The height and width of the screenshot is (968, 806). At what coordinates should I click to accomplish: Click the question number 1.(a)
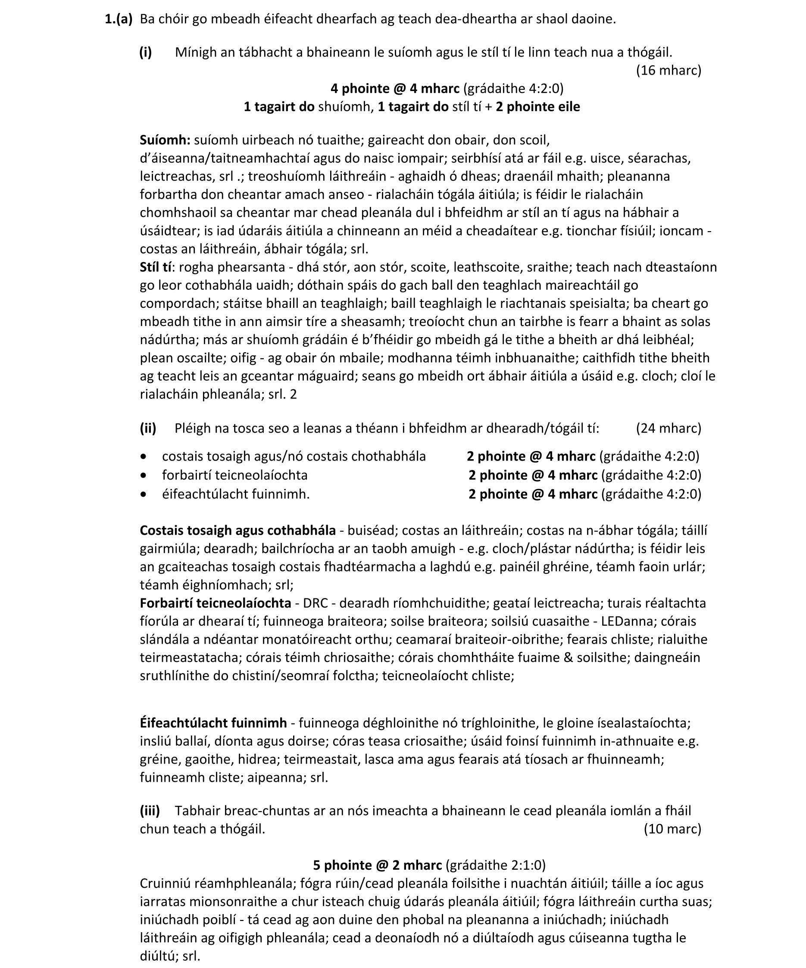pos(119,19)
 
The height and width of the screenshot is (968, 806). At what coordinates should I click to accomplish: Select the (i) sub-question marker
pos(146,52)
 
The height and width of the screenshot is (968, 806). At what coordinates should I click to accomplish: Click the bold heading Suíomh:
pos(165,140)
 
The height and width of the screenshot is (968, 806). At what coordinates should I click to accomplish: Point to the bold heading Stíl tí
pos(156,267)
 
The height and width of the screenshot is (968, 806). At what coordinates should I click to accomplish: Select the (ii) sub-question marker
pos(148,428)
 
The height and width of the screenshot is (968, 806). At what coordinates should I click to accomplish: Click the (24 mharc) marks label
pos(669,428)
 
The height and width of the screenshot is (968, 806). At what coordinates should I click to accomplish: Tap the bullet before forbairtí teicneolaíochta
pos(144,475)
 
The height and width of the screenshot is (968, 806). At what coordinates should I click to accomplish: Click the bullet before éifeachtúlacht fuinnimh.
pos(144,494)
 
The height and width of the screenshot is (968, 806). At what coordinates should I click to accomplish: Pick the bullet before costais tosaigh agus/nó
pos(144,456)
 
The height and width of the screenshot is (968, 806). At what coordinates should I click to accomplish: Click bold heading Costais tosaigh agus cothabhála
pos(238,530)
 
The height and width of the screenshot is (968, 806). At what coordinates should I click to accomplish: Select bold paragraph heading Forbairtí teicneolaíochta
pos(215,603)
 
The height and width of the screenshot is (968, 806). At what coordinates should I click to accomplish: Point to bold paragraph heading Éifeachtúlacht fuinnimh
pos(213,723)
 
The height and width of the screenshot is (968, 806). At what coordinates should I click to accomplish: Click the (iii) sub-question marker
pos(150,810)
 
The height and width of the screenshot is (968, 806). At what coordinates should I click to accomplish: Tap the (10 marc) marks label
pos(672,829)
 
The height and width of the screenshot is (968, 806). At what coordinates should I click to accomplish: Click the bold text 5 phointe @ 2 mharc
pos(378,865)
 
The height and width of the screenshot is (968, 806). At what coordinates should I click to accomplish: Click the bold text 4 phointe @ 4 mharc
pos(395,88)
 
